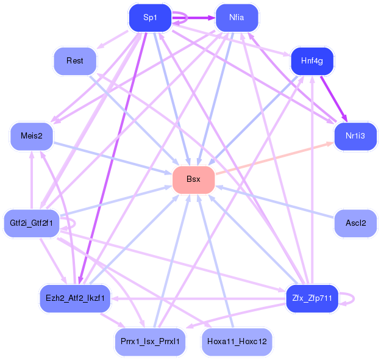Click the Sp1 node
tap(150, 18)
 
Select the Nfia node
tap(237, 18)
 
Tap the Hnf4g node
tap(312, 60)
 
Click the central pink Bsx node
tap(193, 179)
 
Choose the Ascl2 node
tap(355, 223)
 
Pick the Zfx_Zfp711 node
tap(312, 298)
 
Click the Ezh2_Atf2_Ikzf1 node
tap(76, 298)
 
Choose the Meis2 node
tap(32, 135)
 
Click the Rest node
tap(75, 60)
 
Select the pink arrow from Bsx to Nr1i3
tap(274, 158)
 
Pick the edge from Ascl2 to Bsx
tap(274, 201)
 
